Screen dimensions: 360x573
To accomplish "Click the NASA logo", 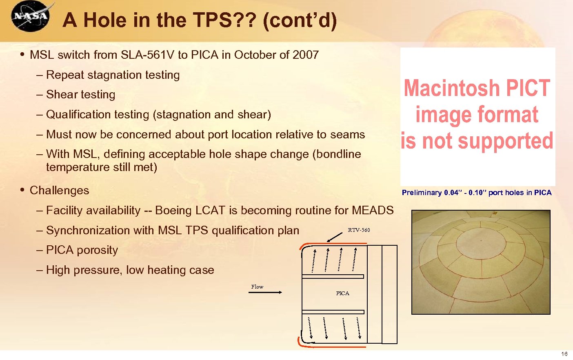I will pyautogui.click(x=31, y=16).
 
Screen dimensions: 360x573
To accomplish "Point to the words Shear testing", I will pyautogui.click(x=81, y=95).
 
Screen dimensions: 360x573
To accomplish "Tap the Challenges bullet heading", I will pyautogui.click(x=60, y=191).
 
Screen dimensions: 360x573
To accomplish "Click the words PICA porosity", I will pyautogui.click(x=82, y=250).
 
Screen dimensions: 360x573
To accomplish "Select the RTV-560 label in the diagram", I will pyautogui.click(x=359, y=230).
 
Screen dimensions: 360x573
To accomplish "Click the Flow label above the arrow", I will pyautogui.click(x=257, y=287).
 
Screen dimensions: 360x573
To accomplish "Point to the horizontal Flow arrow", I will pyautogui.click(x=265, y=292).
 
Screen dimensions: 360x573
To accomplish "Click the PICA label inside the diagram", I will pyautogui.click(x=342, y=293).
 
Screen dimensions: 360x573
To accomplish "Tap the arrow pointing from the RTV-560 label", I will pyautogui.click(x=335, y=237).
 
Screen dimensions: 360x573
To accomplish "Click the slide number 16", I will pyautogui.click(x=564, y=354).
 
